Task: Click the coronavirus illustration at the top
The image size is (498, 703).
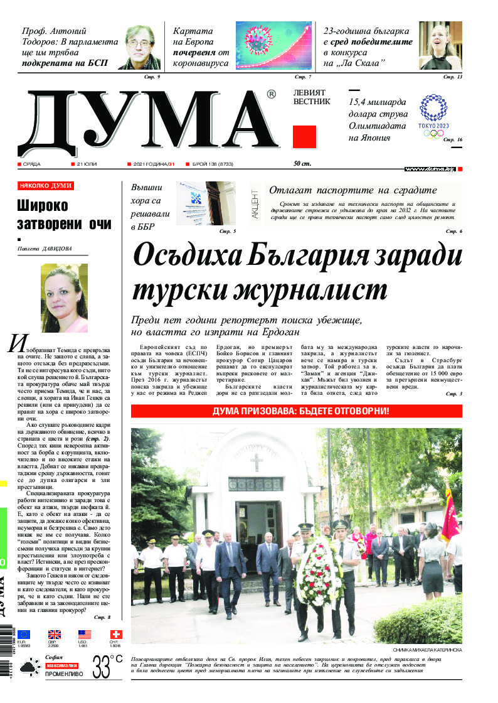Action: click(x=273, y=45)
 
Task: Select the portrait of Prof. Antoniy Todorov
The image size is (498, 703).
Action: click(x=141, y=47)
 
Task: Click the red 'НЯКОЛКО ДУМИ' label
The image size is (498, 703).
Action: click(x=46, y=186)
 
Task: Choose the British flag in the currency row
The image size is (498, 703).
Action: click(x=55, y=635)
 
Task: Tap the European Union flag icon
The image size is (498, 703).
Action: click(x=24, y=635)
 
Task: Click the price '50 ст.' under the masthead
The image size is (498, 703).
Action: click(x=302, y=164)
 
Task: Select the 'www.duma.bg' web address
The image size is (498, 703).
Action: click(x=430, y=169)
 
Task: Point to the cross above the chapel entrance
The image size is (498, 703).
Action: click(x=255, y=463)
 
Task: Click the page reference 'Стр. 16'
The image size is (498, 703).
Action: click(x=452, y=139)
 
